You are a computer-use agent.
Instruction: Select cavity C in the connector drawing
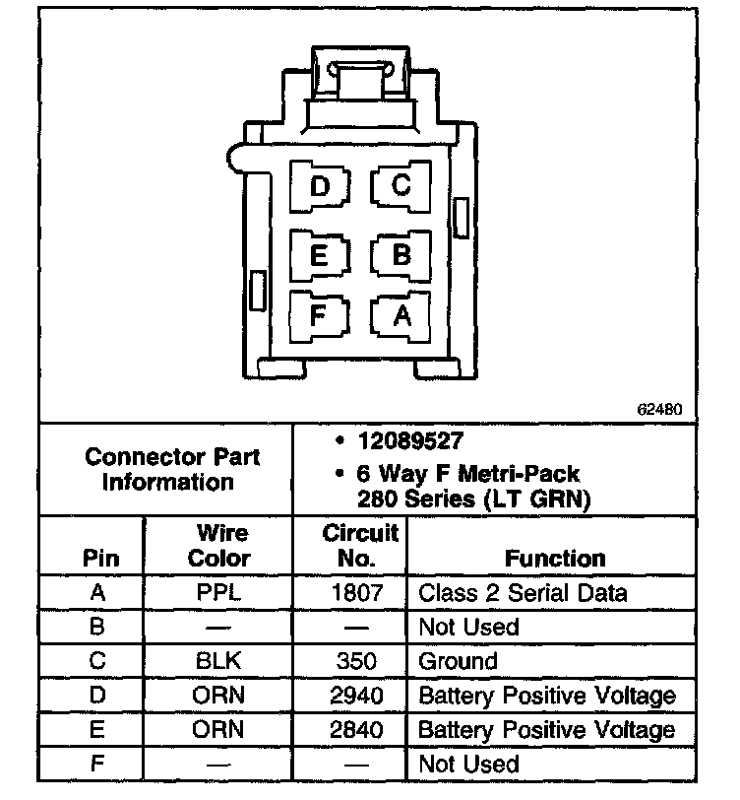point(401,185)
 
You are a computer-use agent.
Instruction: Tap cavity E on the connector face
point(319,254)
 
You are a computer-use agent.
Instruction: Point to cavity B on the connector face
point(401,254)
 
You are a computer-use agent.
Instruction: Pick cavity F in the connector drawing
point(318,315)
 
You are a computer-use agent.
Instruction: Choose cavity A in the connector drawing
point(401,315)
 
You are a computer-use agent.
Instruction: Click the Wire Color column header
point(219,546)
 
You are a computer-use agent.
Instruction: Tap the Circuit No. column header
point(360,546)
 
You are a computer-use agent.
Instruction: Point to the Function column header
point(555,559)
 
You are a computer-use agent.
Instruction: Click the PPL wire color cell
point(219,593)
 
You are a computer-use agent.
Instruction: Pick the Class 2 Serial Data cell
point(523,593)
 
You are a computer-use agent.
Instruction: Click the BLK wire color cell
point(219,661)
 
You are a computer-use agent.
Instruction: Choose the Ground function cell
point(459,661)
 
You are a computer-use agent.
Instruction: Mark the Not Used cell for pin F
point(468,765)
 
